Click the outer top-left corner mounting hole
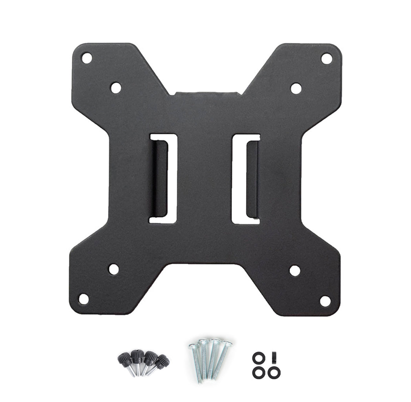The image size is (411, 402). click(86, 58)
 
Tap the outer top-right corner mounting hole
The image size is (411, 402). click(327, 59)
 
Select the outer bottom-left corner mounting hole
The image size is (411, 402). click(84, 299)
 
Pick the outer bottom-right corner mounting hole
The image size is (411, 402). click(325, 301)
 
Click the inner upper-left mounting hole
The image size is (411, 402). click(116, 88)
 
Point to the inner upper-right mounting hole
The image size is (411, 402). click(296, 88)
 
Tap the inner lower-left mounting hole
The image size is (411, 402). click(114, 269)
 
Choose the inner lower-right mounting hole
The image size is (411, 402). click(295, 270)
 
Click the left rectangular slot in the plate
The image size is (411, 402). click(163, 178)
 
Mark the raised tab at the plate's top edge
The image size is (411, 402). click(206, 94)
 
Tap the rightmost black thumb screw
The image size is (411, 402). click(162, 362)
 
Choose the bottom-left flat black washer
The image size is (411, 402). click(258, 371)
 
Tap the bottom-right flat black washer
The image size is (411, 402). click(275, 371)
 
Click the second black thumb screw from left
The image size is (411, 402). click(137, 358)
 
